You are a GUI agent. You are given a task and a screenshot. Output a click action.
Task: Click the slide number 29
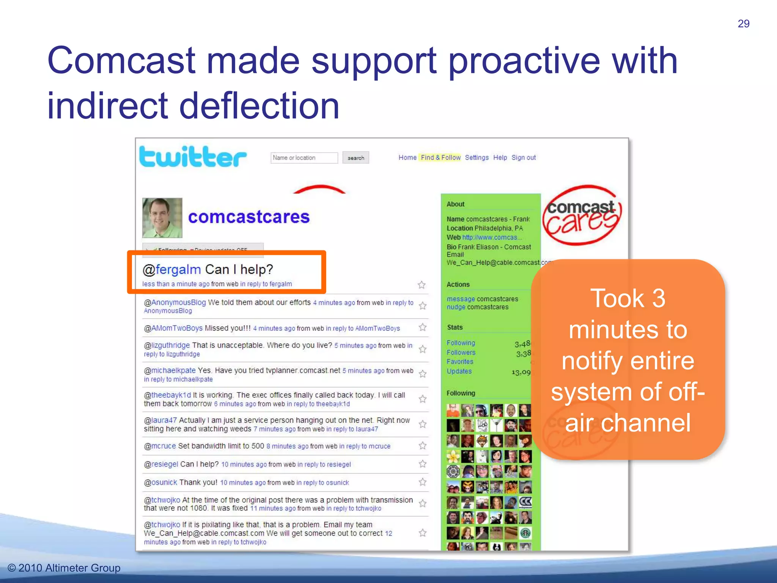point(743,24)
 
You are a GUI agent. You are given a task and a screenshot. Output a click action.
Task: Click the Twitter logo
point(193,157)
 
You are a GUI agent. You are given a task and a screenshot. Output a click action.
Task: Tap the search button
point(355,158)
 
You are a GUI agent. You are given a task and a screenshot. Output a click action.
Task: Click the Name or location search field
point(304,158)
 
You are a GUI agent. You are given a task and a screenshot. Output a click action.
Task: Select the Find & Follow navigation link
point(440,158)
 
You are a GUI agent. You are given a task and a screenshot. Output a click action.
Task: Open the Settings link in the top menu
point(477,158)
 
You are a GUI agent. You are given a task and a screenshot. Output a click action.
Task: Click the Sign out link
point(523,158)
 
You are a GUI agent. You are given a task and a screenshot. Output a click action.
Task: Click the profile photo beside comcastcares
point(162,218)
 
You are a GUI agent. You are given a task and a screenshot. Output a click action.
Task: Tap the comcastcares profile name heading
point(249,217)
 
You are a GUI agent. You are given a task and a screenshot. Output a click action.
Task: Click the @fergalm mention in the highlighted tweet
point(171,269)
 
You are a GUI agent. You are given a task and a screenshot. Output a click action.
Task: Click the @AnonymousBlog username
point(175,303)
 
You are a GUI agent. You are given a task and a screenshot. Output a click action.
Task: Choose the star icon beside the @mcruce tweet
point(422,446)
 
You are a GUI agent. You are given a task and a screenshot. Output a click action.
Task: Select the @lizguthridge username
point(167,345)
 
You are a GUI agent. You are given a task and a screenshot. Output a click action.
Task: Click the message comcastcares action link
point(461,299)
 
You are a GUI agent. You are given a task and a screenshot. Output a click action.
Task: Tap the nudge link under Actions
point(456,307)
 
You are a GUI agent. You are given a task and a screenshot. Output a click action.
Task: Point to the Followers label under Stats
point(461,353)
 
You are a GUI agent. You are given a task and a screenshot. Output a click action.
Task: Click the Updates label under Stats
point(459,371)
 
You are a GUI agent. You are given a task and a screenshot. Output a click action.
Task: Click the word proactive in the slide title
point(524,61)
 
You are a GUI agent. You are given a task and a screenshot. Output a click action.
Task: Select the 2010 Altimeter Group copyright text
point(64,568)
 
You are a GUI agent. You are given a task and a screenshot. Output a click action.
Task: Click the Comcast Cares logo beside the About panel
point(581,215)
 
